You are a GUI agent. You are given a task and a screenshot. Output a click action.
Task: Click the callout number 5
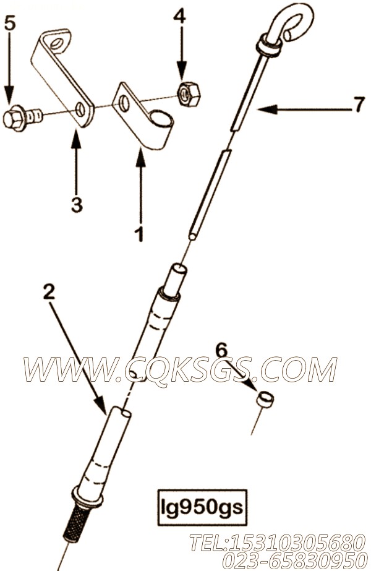point(10,24)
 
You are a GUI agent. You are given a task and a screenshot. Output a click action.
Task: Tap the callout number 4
point(179,16)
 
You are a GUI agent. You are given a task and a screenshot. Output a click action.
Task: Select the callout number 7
point(359,105)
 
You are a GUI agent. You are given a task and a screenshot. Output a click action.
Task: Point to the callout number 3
point(77,205)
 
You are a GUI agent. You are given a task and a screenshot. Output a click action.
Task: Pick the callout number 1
point(140,234)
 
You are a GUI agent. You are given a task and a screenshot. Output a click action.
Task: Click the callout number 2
point(49,292)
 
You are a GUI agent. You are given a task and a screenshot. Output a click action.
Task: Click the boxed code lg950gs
point(202,507)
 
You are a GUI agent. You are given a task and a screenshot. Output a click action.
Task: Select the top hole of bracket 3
point(56,45)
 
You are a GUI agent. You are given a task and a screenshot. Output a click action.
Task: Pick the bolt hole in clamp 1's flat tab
point(124,104)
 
